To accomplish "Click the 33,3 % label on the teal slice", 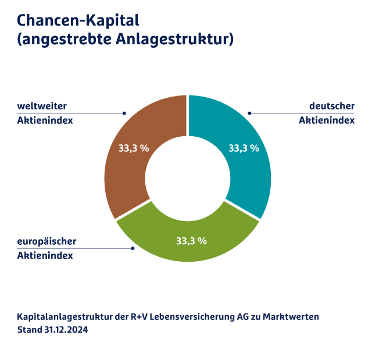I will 244,148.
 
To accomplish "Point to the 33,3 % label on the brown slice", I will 134,148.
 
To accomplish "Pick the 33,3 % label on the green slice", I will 191,240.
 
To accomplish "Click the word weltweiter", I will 42,106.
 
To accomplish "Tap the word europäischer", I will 46,241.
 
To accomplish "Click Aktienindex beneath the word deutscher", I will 327,120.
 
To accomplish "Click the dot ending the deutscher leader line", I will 249,113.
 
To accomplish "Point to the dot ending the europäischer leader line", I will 133,248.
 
